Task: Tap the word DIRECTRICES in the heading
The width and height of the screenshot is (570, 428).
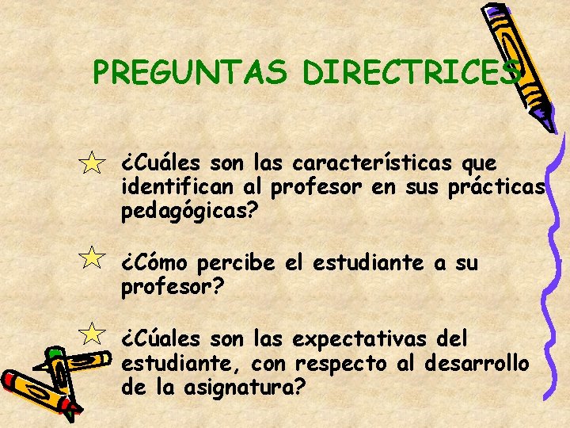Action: [x=412, y=73]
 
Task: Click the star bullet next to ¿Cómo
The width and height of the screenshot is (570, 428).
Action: [x=93, y=258]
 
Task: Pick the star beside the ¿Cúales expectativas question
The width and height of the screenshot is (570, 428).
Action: [x=93, y=334]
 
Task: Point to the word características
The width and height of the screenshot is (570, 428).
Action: [x=373, y=164]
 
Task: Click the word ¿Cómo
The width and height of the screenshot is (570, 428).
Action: [x=154, y=262]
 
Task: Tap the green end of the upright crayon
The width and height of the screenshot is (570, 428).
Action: [x=55, y=353]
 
